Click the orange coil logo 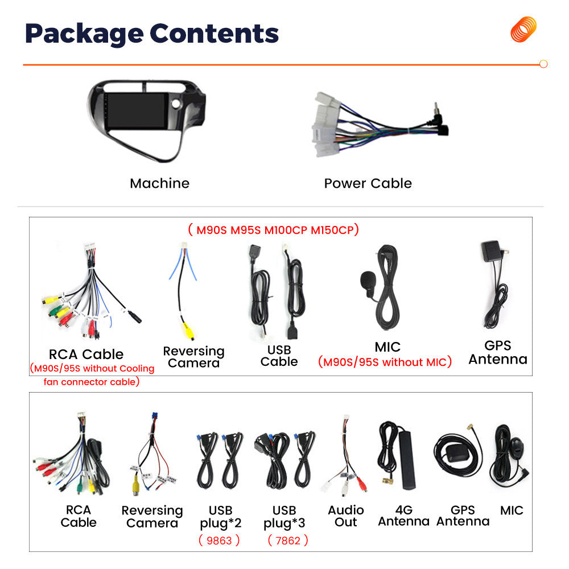[523, 30]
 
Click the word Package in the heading [84, 34]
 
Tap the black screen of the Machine [137, 111]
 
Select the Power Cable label [368, 183]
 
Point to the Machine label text [160, 183]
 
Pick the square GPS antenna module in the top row [492, 251]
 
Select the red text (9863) [219, 541]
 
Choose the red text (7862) [288, 541]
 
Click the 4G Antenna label [403, 516]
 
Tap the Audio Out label [346, 516]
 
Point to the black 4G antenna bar [406, 459]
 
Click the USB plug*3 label [284, 517]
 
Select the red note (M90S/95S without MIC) [385, 362]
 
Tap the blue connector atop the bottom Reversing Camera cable [155, 417]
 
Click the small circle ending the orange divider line [543, 64]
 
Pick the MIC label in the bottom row [512, 510]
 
